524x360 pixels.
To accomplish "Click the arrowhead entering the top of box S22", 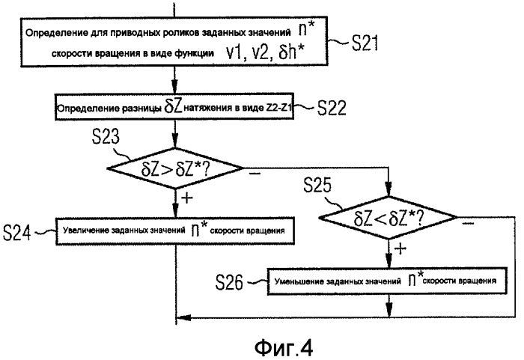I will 175,90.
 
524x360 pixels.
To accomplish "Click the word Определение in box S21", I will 53,32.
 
